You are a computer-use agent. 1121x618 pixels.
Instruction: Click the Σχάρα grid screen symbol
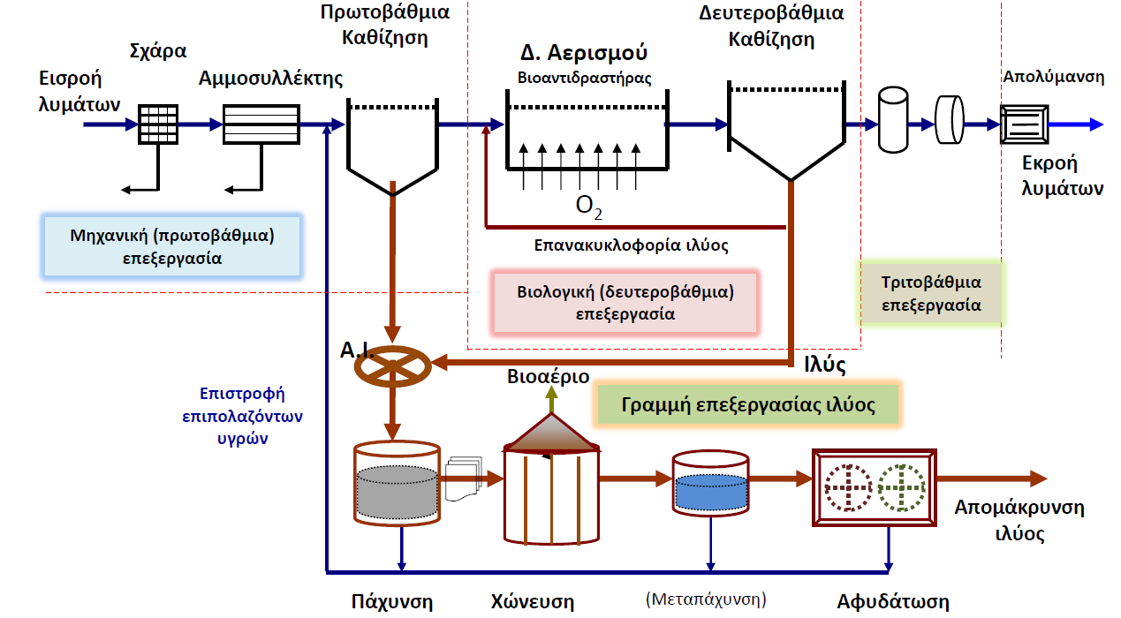(158, 124)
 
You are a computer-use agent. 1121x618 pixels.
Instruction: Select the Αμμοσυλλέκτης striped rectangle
(261, 124)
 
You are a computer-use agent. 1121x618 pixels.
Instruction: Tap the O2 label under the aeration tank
(589, 207)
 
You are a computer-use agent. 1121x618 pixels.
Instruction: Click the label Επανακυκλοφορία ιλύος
(631, 245)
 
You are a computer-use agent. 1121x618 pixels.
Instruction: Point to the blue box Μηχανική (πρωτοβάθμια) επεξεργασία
(172, 246)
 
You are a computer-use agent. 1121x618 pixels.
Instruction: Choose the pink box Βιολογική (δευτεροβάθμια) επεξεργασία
(625, 303)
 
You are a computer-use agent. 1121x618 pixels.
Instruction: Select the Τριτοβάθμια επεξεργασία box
(931, 293)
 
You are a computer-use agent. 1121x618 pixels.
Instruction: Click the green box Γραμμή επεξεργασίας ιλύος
(747, 405)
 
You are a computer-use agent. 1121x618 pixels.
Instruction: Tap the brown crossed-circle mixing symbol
(392, 366)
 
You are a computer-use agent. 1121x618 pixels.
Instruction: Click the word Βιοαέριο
(548, 376)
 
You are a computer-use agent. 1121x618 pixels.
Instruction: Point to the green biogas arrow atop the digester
(551, 399)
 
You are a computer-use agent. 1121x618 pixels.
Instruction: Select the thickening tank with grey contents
(397, 483)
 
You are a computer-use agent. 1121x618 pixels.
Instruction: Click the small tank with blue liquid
(710, 483)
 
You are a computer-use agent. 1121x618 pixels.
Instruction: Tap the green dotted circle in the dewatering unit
(901, 488)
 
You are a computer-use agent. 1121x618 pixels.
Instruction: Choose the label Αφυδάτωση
(893, 601)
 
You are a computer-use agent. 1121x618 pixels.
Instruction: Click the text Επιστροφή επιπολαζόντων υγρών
(242, 416)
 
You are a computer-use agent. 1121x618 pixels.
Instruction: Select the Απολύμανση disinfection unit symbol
(1024, 124)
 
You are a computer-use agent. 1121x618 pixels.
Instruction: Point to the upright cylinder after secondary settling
(893, 119)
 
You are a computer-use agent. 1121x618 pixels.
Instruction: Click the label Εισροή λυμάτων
(80, 92)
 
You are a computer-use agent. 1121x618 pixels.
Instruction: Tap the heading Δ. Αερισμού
(584, 52)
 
